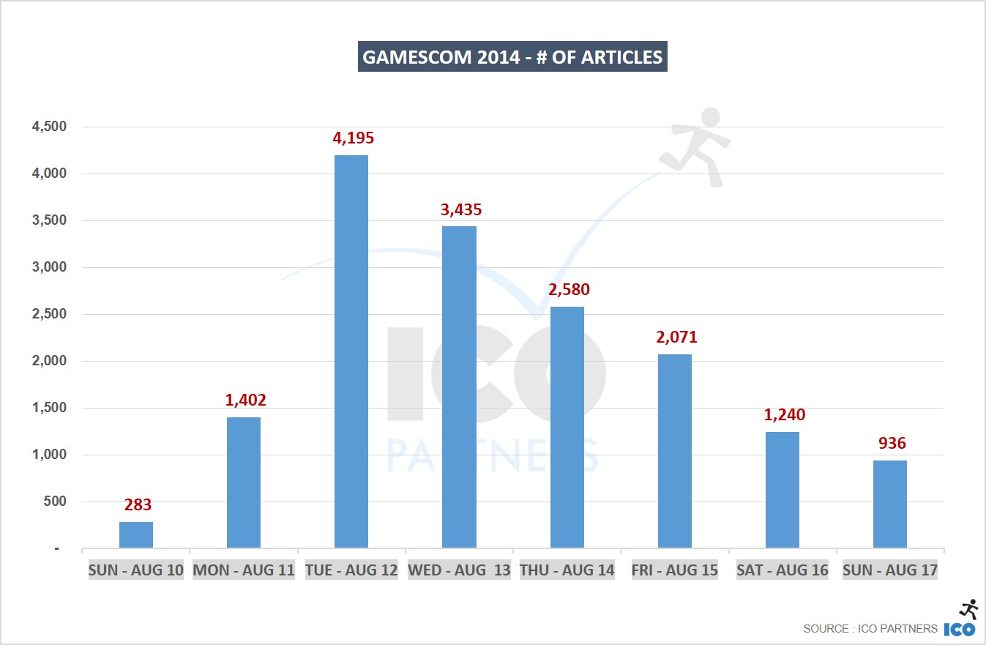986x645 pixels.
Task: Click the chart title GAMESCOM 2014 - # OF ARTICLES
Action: point(512,58)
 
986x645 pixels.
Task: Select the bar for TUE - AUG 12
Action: point(351,351)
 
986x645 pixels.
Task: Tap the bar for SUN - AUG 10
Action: point(136,535)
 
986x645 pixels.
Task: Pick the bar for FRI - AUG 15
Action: point(675,451)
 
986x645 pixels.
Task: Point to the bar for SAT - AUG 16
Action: point(783,490)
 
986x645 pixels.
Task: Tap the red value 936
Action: point(890,444)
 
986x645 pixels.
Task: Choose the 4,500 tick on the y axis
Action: point(49,127)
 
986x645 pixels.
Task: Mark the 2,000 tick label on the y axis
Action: point(49,361)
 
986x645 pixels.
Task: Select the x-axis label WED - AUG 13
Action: point(459,570)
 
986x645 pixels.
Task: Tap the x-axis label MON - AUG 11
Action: point(244,570)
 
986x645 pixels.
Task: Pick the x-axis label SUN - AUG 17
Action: point(890,570)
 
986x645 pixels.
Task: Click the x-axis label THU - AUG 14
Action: point(567,570)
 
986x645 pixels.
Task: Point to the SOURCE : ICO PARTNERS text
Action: point(870,628)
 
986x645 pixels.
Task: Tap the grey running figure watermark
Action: point(695,146)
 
